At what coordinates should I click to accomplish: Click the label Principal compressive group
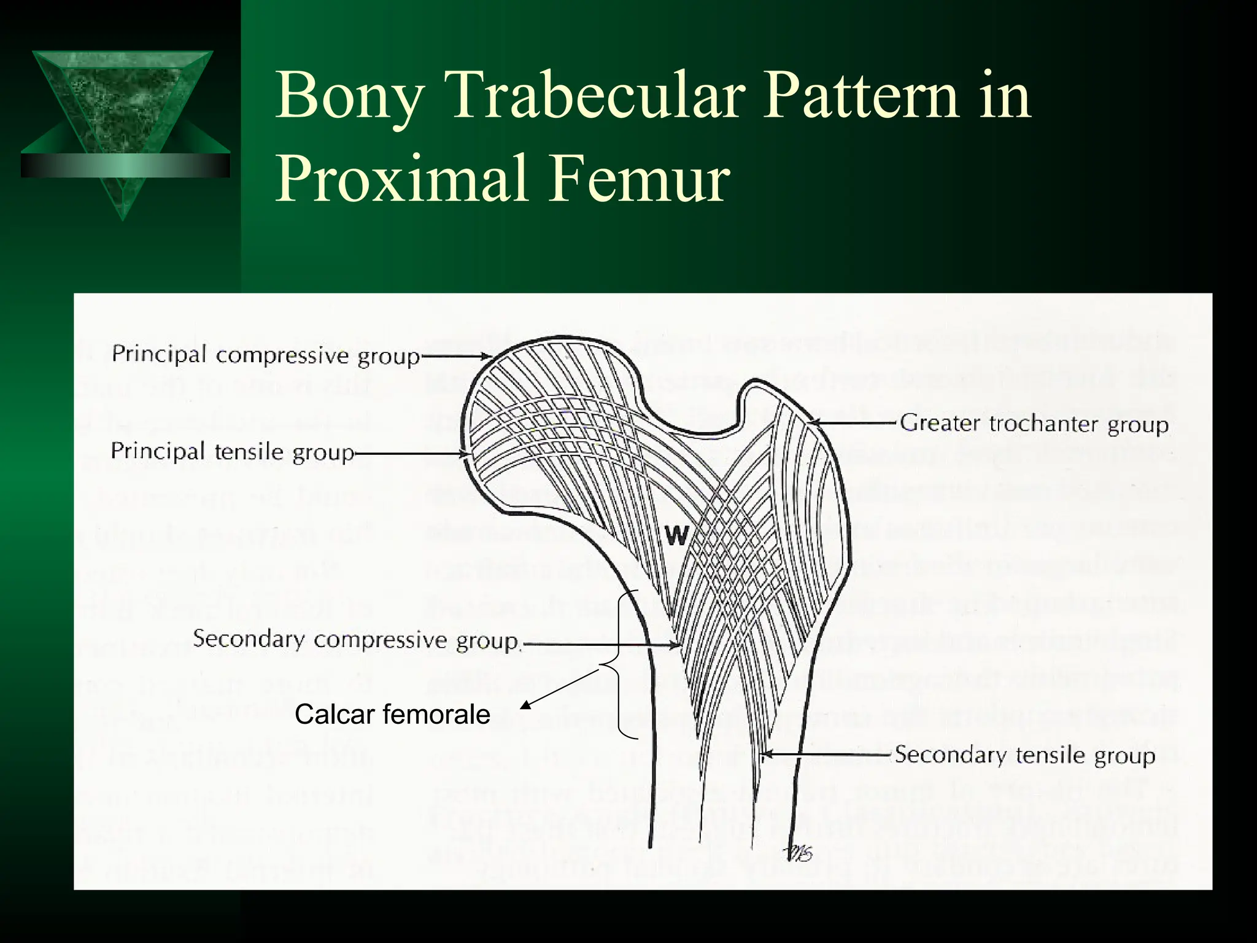265,355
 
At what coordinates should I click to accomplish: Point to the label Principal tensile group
233,452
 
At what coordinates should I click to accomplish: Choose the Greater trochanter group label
1034,424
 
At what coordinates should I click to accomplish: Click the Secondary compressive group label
356,640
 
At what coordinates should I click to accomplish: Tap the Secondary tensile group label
1024,755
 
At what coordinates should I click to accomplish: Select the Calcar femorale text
392,715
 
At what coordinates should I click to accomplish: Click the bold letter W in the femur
676,537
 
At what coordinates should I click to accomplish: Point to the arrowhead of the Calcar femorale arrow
524,706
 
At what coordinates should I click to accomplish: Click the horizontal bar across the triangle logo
125,165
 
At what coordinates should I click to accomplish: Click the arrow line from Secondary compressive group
601,645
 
